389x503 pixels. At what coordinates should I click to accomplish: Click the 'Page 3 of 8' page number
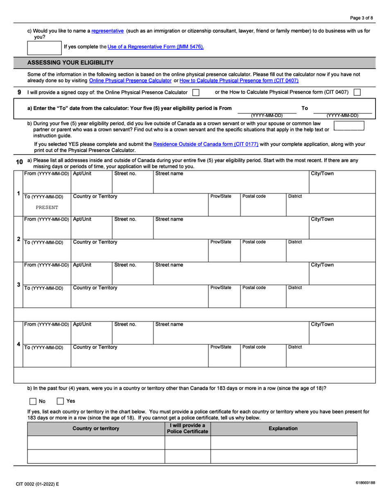click(x=362, y=18)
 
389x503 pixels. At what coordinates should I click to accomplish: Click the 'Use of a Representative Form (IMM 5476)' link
click(x=156, y=47)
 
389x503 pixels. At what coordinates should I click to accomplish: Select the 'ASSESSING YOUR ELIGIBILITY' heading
click(x=70, y=63)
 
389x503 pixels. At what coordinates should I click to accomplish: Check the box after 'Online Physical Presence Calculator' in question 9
click(x=196, y=92)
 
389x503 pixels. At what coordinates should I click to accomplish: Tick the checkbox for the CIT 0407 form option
click(x=357, y=92)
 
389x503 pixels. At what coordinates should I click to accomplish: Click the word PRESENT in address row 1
click(x=47, y=207)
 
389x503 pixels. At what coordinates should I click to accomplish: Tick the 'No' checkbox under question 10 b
click(x=33, y=401)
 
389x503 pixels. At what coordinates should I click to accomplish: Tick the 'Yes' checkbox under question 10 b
click(x=60, y=401)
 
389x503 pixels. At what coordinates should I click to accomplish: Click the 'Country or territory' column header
click(x=96, y=429)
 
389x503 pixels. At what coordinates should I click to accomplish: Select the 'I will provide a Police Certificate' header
click(x=188, y=429)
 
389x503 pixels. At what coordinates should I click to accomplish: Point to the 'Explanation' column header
click(x=283, y=429)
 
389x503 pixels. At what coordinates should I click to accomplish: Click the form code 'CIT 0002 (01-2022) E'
click(x=37, y=484)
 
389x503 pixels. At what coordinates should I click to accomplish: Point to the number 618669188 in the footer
click(x=365, y=483)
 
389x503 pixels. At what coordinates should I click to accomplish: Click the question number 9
click(x=19, y=92)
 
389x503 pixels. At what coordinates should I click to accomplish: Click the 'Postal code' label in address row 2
click(x=254, y=242)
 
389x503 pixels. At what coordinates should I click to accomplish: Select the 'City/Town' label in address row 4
click(x=322, y=324)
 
